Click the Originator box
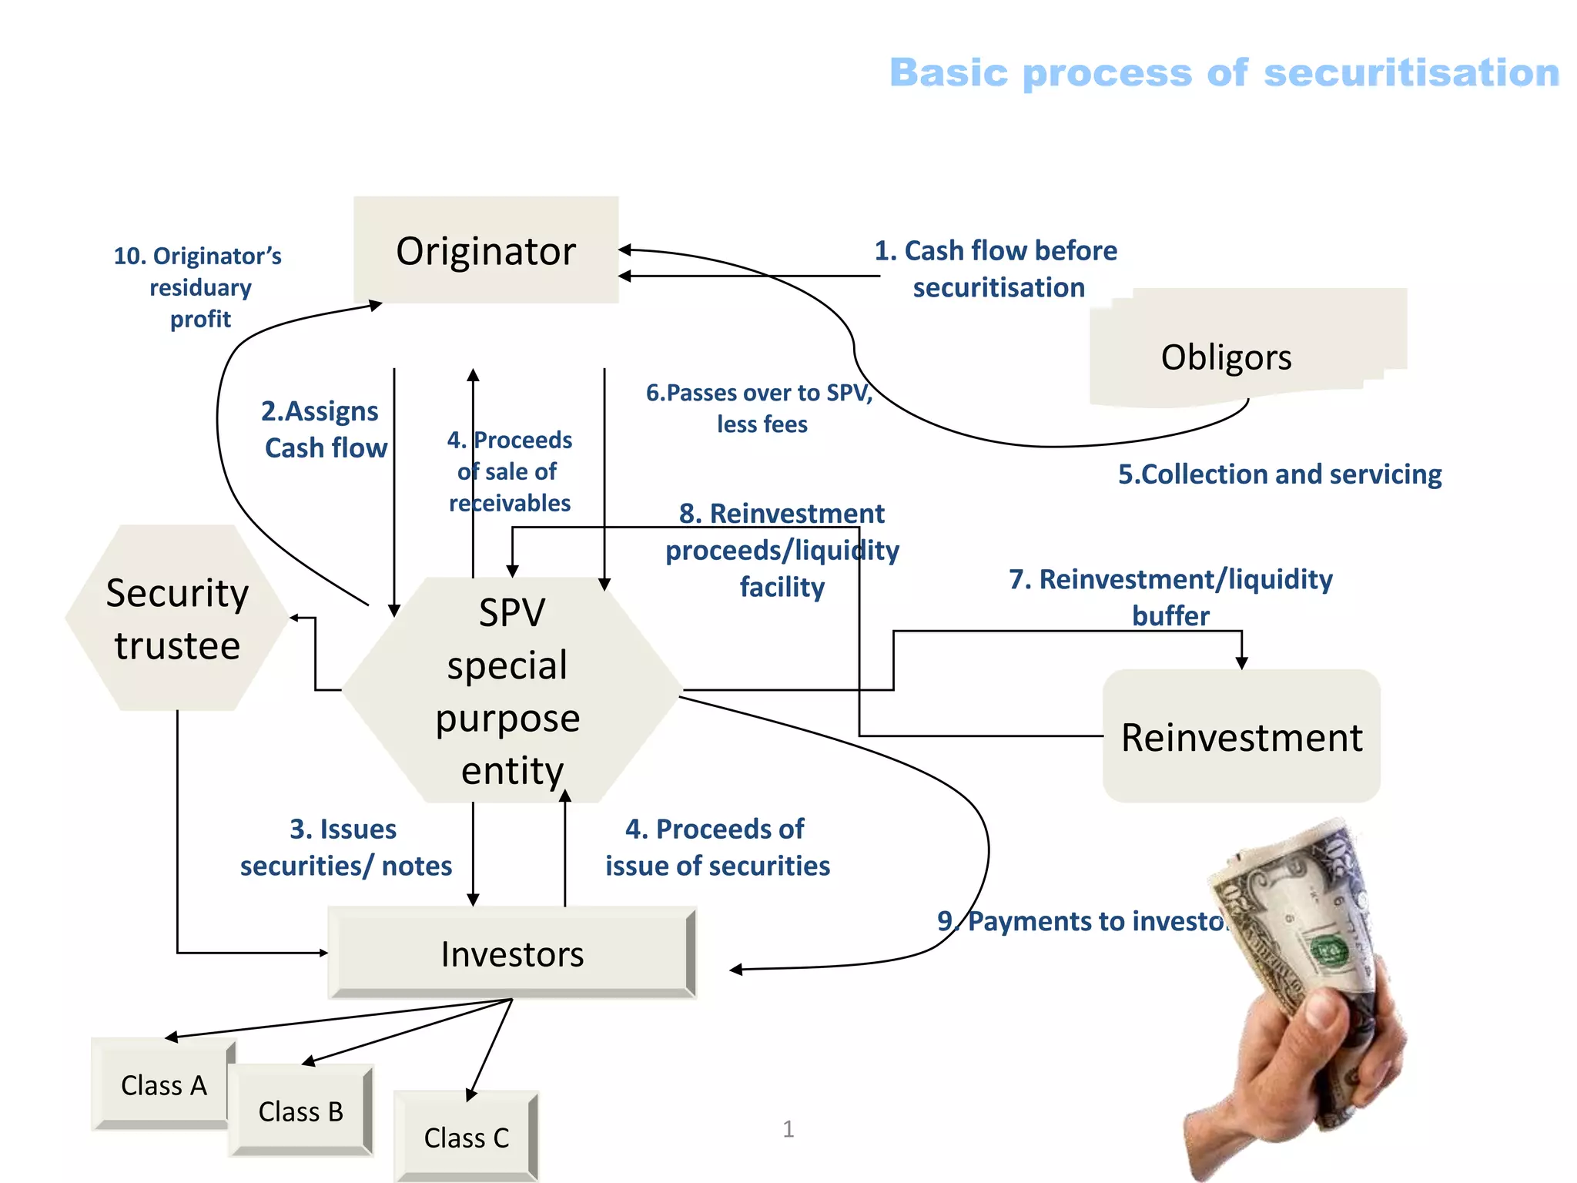[486, 250]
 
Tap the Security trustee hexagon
[177, 618]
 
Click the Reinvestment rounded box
[1241, 736]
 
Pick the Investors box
[512, 953]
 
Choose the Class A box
[163, 1084]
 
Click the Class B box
[300, 1111]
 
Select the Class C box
[466, 1137]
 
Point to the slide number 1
[788, 1129]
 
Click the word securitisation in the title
[1411, 73]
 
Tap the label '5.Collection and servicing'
[1279, 474]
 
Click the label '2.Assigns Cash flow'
[323, 429]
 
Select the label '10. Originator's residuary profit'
[199, 287]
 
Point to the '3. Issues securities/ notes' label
[345, 847]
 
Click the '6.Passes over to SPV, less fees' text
[760, 408]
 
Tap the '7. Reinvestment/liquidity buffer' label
[1170, 597]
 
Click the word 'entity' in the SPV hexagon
[512, 770]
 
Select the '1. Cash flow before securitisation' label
[996, 269]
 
